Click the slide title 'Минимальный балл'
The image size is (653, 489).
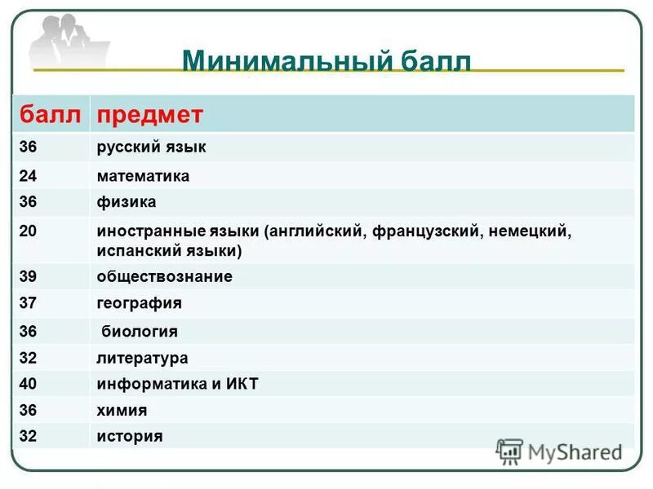[326, 61]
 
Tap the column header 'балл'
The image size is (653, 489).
[51, 115]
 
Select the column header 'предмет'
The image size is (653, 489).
[150, 115]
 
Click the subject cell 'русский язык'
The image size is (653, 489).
[151, 148]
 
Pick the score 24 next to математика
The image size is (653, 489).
[29, 175]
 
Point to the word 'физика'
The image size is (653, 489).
[126, 201]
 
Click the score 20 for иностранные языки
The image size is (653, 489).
[29, 231]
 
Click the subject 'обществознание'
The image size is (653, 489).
[164, 276]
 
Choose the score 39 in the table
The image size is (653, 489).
[29, 276]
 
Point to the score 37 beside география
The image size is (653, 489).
[29, 303]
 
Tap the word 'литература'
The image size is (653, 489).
[142, 358]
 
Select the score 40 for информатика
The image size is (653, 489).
[29, 384]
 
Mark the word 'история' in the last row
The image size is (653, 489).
[129, 436]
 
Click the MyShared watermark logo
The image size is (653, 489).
[560, 452]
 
